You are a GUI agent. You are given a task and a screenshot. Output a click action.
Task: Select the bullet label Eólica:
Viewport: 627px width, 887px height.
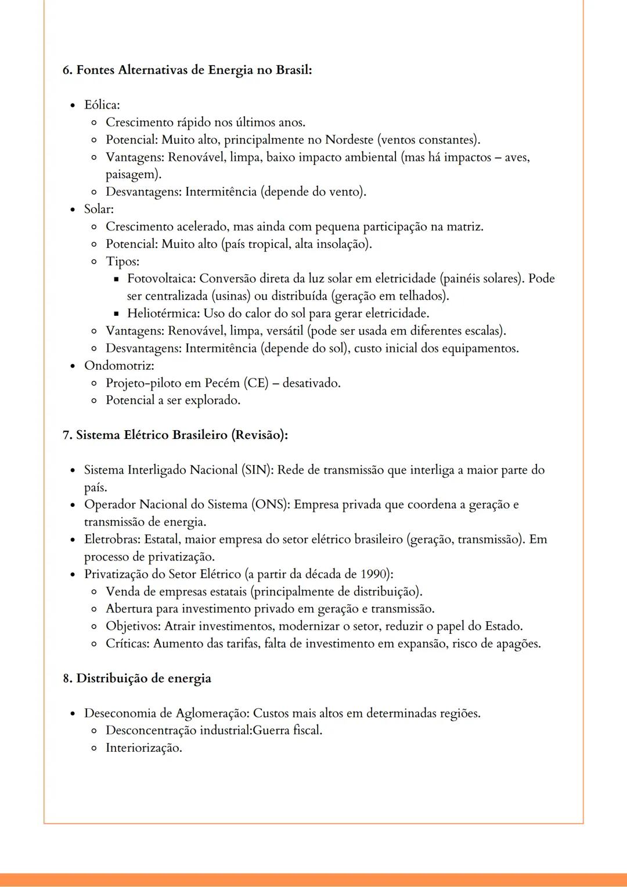[x=102, y=105]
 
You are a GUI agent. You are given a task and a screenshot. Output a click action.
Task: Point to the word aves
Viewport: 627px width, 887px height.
[x=516, y=157]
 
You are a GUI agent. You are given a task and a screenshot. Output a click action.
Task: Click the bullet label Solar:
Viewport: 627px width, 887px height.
[x=99, y=209]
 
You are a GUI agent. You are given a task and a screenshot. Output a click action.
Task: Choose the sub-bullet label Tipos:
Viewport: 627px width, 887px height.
[x=122, y=261]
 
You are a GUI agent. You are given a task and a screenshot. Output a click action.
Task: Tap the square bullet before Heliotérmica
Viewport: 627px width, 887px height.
[x=116, y=314]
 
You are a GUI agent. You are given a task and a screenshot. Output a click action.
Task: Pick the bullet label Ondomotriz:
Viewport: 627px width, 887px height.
[x=119, y=366]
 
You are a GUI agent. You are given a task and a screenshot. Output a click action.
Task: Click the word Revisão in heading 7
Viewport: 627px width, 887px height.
[x=259, y=435]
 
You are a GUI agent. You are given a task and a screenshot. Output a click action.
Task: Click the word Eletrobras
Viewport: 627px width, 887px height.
[x=111, y=539]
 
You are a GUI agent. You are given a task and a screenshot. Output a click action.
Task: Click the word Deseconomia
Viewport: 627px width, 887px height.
[x=120, y=713]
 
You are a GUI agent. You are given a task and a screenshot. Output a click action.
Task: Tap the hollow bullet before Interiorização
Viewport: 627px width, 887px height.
[x=94, y=748]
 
